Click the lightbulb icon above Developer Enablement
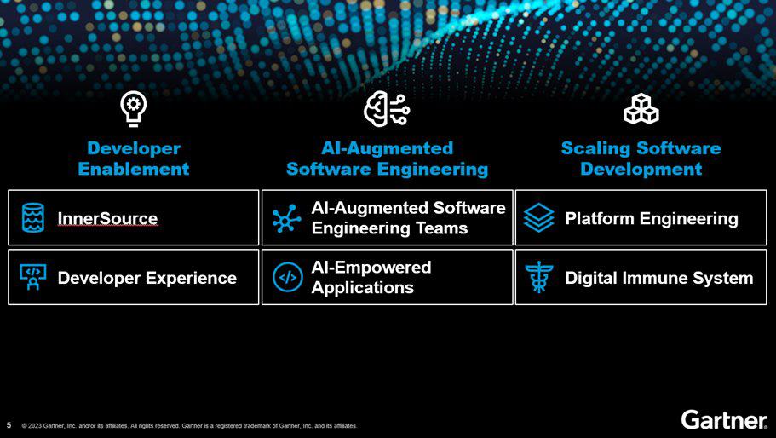click(x=133, y=109)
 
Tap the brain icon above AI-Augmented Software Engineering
click(x=387, y=109)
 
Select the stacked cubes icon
click(x=641, y=108)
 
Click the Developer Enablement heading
click(x=134, y=158)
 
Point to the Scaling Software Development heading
click(x=641, y=158)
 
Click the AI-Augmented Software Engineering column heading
click(x=387, y=158)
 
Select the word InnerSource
click(x=107, y=218)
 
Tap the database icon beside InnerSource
click(x=33, y=218)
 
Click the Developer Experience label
click(x=147, y=278)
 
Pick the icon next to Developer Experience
click(x=33, y=277)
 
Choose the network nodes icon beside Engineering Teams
click(x=286, y=218)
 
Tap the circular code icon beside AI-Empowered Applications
click(x=288, y=278)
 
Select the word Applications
click(x=362, y=287)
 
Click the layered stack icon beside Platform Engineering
click(x=539, y=218)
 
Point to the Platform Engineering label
click(x=652, y=218)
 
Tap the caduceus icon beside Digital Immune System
click(x=539, y=278)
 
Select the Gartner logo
click(x=724, y=420)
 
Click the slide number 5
click(x=9, y=425)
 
